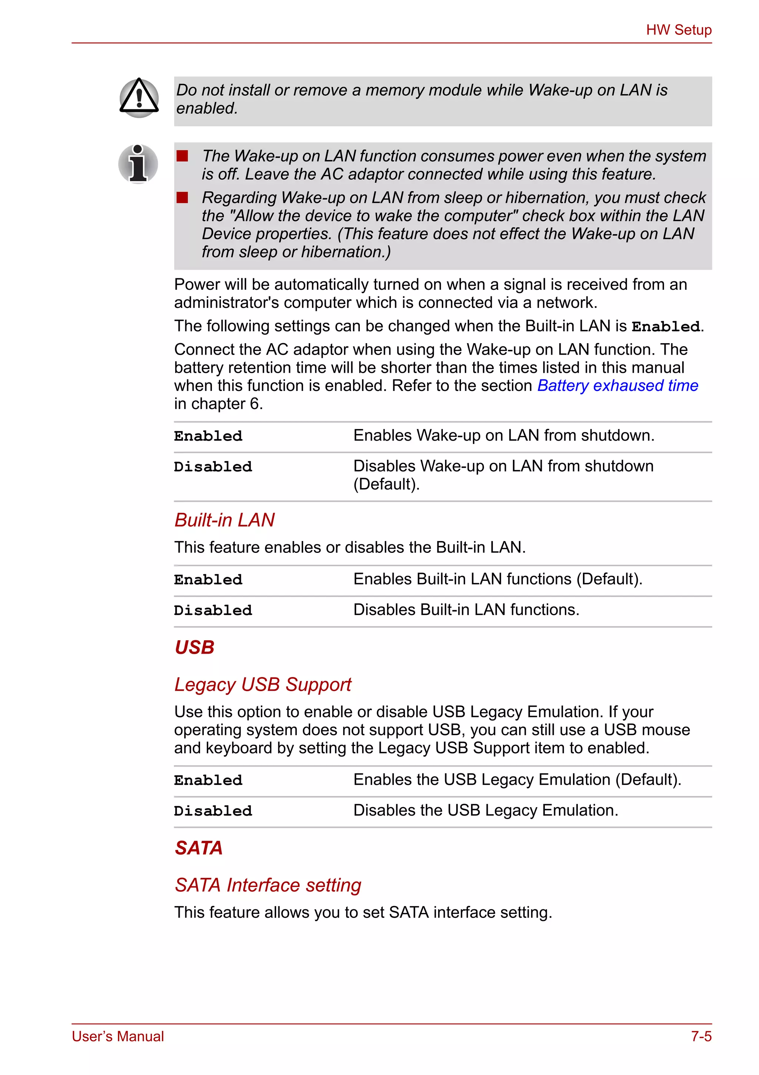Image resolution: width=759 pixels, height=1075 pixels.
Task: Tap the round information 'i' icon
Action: point(138,164)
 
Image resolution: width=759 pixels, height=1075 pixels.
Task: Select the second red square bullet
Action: point(182,198)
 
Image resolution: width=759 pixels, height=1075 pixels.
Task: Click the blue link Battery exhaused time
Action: point(617,386)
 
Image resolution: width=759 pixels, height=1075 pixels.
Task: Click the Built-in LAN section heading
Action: point(224,520)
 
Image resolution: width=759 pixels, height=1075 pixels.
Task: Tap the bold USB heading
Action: point(194,647)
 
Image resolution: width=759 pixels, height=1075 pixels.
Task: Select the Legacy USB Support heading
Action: point(263,684)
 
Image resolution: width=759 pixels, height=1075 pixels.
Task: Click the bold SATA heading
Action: point(199,848)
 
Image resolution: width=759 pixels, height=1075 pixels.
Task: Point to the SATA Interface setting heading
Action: point(268,885)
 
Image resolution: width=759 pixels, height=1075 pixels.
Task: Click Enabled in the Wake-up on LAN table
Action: point(208,437)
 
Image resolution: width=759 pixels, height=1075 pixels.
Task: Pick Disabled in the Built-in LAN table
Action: point(213,611)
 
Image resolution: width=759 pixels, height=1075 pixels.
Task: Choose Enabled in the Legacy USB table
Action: point(208,780)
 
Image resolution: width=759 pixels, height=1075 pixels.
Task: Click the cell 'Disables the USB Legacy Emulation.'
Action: point(485,810)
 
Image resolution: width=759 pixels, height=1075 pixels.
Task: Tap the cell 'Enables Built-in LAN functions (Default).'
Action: point(498,579)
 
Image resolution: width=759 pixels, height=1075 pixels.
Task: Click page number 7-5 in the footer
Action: point(701,1036)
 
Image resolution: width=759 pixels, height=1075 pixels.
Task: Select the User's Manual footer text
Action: point(118,1036)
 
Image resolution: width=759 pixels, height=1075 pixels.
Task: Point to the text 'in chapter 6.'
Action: point(219,404)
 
